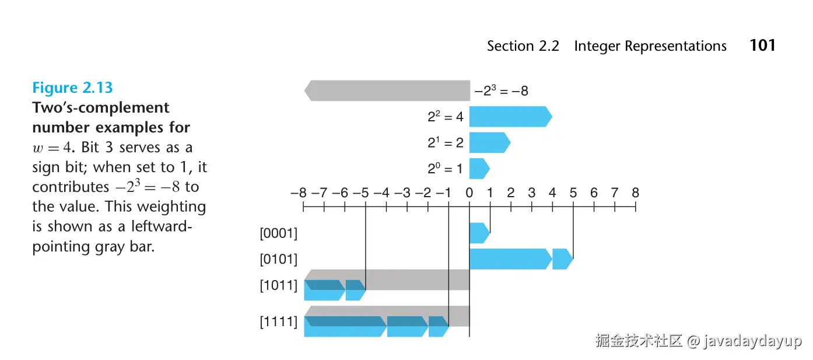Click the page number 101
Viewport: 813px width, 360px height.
pos(762,46)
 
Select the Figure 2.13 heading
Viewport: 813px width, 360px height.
pos(72,88)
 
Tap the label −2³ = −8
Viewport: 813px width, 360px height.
pos(501,90)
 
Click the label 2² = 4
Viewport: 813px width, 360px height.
pos(446,117)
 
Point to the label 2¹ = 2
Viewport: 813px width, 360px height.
pos(446,142)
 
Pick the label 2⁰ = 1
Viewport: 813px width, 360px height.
pos(445,169)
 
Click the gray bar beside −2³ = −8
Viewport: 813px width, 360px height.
pos(387,90)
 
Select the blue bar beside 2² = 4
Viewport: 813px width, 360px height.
pos(511,117)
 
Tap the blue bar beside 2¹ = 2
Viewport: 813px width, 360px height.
pos(490,142)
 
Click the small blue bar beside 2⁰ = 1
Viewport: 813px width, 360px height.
pos(479,169)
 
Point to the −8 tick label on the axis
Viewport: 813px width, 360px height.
pos(299,193)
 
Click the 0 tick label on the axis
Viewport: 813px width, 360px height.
pos(469,193)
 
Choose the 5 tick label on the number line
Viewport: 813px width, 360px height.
pos(573,193)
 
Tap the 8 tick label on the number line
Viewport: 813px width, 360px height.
pos(635,193)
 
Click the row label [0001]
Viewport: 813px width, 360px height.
pos(278,233)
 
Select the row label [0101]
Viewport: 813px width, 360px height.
pos(278,259)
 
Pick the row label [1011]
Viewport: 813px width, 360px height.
pos(278,285)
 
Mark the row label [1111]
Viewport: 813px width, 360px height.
pos(278,321)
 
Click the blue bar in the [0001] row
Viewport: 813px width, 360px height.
pos(479,233)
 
